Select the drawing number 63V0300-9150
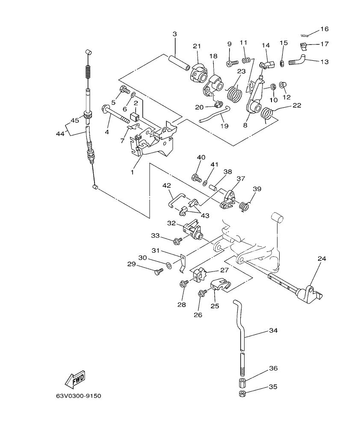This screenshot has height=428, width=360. pos(78,396)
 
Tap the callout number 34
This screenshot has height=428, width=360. pos(273,331)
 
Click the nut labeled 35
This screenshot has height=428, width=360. pos(242,393)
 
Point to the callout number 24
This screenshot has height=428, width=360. pos(322,259)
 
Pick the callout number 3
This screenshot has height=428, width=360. pos(174,34)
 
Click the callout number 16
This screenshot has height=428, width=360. pos(324,29)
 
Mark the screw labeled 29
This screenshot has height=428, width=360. pos(158,271)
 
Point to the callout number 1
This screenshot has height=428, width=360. pos(132,172)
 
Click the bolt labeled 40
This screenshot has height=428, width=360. pos(197,177)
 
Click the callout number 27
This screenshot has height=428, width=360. pos(224,270)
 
